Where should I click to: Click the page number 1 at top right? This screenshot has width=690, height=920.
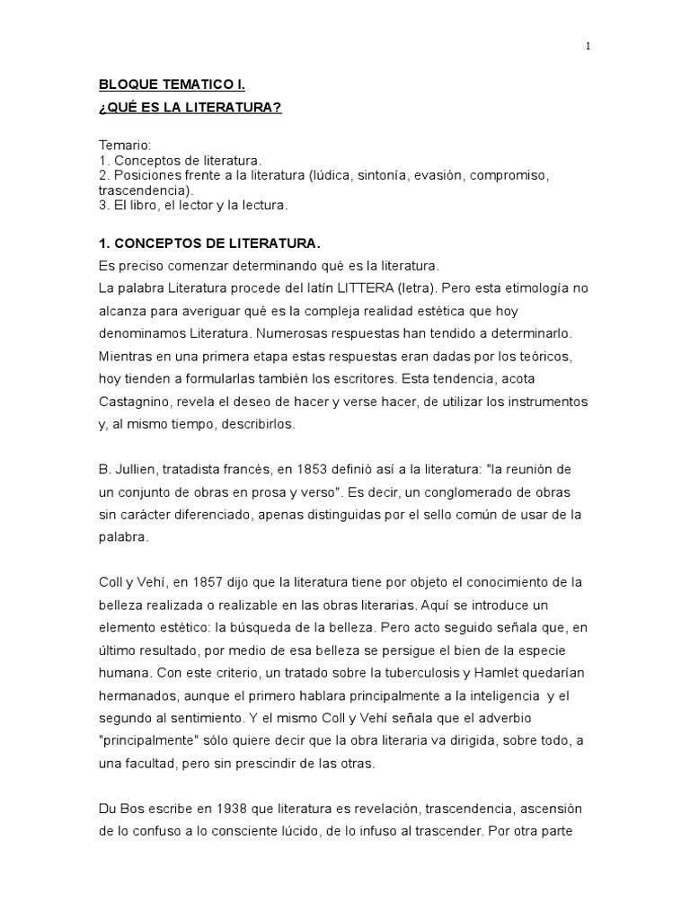point(588,48)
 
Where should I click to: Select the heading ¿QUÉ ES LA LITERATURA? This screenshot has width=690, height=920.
point(190,109)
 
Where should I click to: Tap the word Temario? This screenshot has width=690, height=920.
point(125,145)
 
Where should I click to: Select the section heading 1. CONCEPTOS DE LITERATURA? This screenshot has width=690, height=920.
point(208,244)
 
